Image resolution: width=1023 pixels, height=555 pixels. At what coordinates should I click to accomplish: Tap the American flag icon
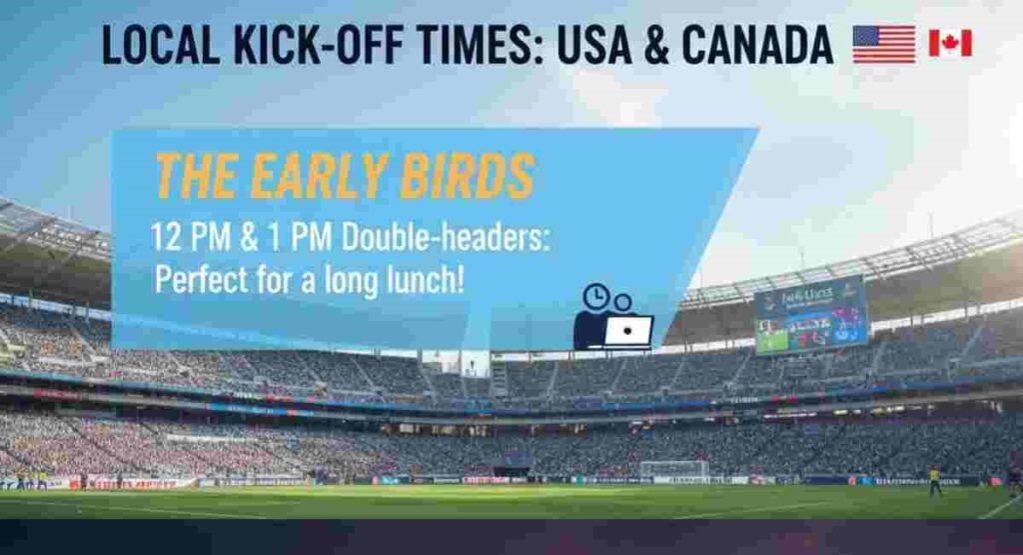883,44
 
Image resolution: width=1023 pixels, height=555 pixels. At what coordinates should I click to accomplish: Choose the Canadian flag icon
950,43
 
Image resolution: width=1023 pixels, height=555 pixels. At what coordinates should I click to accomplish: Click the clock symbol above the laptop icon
595,296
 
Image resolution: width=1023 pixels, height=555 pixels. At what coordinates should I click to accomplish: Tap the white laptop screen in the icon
628,330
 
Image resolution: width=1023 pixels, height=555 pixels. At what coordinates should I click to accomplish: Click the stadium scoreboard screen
810,315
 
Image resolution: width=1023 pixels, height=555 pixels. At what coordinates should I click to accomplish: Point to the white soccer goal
673,468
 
